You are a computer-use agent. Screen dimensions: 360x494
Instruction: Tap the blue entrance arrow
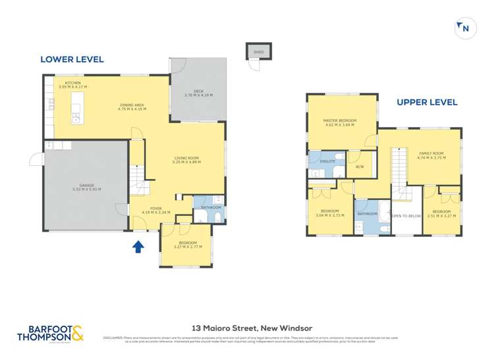138,247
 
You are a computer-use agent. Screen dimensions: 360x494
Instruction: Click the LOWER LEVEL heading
72,59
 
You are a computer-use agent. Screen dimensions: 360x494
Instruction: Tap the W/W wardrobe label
360,167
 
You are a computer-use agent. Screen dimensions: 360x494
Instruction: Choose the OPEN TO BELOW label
406,216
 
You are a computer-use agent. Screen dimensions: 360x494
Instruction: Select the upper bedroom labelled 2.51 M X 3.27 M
441,213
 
